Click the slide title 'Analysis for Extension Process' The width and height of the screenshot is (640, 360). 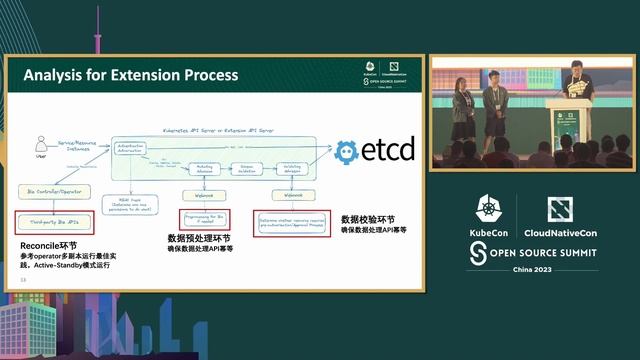point(130,75)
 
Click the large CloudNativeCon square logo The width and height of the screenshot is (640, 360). point(559,209)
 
